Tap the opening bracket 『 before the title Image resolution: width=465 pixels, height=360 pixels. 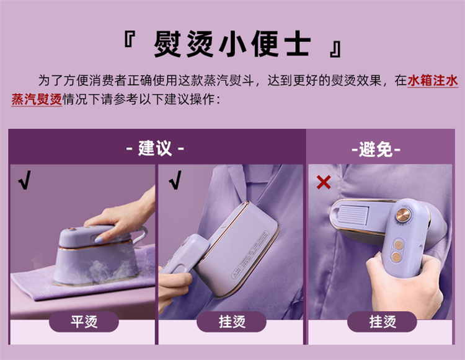pos(130,40)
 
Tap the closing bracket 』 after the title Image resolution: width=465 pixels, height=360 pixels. pos(335,50)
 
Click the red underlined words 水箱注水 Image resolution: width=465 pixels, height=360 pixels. pos(433,81)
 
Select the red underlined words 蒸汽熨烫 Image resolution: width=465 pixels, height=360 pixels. pos(37,99)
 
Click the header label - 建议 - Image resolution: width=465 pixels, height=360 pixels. pos(155,148)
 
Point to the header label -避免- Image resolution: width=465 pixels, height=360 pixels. pos(376,149)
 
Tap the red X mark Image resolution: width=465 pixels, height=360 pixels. pos(324,182)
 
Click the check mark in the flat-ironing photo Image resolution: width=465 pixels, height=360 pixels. pos(25,180)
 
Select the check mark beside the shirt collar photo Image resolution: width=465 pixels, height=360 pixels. pos(175,180)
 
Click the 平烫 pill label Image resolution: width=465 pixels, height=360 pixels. pos(84,322)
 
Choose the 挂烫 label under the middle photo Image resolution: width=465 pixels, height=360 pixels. pos(232,322)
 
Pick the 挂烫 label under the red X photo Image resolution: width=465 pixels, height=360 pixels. pos(382,322)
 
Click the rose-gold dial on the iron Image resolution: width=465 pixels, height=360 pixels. pos(403,214)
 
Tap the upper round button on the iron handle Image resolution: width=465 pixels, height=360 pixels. pos(397,244)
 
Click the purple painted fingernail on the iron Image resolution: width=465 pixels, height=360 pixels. pos(99,239)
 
